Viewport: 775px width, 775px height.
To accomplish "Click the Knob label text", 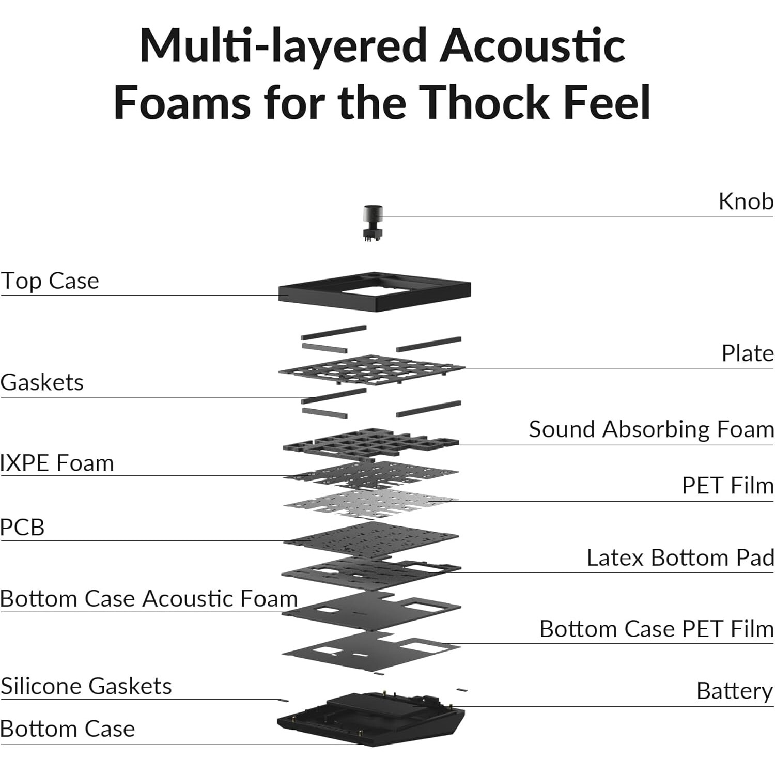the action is pos(746,202).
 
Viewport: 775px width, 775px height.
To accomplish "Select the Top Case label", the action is pos(50,281).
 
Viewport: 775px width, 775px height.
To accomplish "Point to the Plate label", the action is pos(748,353).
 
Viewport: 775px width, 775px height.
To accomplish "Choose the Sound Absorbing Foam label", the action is pos(652,430).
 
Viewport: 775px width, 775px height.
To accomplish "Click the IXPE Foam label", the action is pos(57,463).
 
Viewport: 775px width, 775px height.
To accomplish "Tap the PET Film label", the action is pos(728,486).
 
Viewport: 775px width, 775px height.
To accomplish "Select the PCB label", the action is pos(22,528).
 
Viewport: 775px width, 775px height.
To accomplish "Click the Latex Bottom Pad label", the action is pos(680,558).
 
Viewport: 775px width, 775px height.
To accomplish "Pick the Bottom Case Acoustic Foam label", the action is pos(149,599).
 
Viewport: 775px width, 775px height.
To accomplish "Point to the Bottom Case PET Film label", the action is pos(657,629).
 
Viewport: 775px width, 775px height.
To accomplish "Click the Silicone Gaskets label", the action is pos(86,686).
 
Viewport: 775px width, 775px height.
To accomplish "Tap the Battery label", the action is pos(735,691).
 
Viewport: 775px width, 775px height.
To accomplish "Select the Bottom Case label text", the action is pos(67,729).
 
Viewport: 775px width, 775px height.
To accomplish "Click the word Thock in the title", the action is pos(484,102).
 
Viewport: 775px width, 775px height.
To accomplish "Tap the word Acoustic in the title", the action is pos(532,45).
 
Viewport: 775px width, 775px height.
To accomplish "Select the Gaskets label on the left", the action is pos(42,383).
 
